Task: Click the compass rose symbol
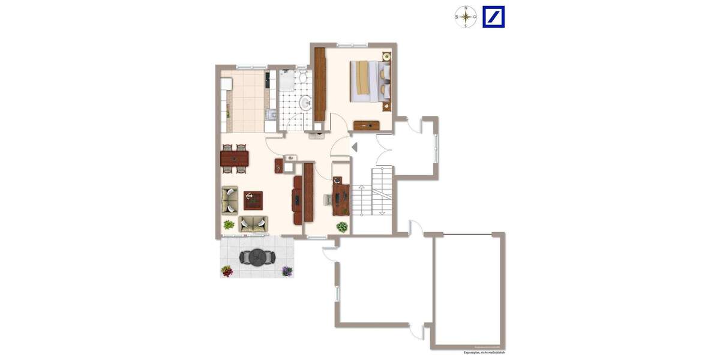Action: click(x=465, y=17)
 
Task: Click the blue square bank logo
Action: click(x=494, y=17)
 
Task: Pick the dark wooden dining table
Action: click(x=235, y=159)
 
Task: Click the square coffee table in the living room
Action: click(x=253, y=199)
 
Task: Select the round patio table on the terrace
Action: click(x=257, y=257)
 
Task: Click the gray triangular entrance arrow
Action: click(x=353, y=146)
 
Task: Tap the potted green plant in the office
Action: click(x=341, y=227)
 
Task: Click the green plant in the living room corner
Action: click(x=229, y=225)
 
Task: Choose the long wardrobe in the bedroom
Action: click(x=319, y=84)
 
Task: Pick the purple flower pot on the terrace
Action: click(x=287, y=271)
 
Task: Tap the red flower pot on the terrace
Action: click(x=227, y=271)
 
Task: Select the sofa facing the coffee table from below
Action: click(x=253, y=224)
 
